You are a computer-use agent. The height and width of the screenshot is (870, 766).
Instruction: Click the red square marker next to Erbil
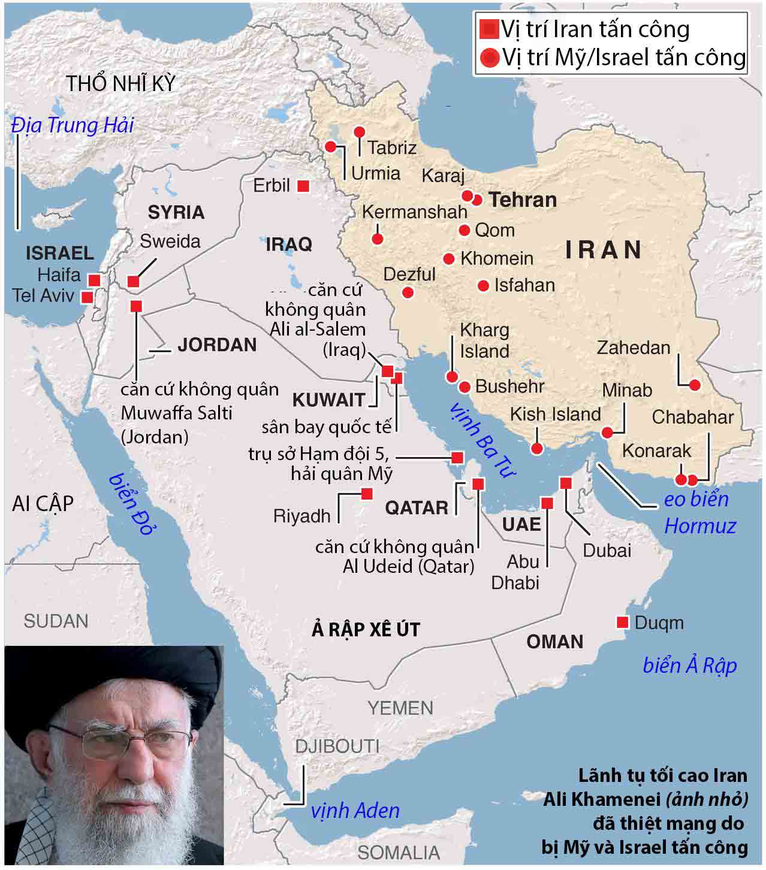coord(303,186)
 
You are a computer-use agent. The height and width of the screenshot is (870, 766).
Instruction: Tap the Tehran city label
coord(523,200)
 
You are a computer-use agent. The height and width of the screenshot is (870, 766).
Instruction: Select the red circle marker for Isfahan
coord(484,286)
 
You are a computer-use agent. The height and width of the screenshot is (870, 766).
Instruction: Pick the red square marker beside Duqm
coord(623,623)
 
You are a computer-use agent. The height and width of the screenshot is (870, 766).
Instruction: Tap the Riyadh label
coord(301,515)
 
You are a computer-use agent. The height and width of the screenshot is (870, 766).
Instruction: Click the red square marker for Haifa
coord(94,280)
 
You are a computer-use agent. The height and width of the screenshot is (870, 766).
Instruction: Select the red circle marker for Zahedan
coord(695,385)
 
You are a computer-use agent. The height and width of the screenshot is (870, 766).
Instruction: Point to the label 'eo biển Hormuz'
coord(699,513)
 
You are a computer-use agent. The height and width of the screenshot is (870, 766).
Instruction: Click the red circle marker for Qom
coord(465,230)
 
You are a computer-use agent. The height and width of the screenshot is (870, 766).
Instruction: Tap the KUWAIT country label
coord(328,400)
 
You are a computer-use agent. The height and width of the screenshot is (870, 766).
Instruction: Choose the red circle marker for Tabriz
coord(360,132)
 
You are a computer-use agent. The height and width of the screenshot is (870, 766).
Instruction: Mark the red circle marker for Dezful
coord(408,293)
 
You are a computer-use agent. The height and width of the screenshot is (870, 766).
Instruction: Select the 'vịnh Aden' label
coord(355,811)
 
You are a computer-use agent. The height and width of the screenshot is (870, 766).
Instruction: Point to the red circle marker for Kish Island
coord(538,448)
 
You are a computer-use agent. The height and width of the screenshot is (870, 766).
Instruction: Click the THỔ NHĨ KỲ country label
coord(121,84)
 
